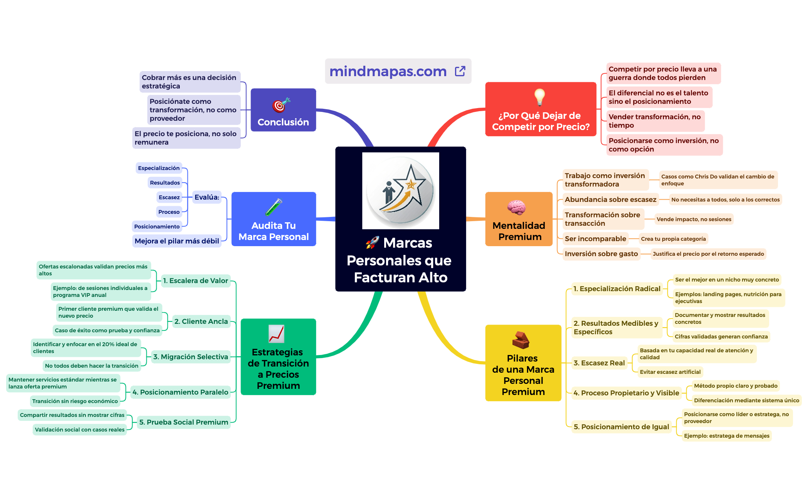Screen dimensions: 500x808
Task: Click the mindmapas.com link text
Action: pos(388,72)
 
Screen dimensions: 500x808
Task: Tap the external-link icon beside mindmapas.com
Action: pos(460,71)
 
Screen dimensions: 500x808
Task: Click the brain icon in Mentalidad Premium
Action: pos(516,208)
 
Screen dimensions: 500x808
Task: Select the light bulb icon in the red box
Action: pos(540,97)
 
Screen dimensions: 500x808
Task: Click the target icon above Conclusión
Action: pos(281,105)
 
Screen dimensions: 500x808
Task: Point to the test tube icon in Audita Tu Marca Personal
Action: pos(274,207)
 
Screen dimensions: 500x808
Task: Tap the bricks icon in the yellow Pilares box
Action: pos(521,340)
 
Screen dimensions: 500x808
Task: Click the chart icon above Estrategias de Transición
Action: pos(276,334)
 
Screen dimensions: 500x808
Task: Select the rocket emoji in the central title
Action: pos(372,243)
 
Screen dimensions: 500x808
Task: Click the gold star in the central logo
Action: pos(411,185)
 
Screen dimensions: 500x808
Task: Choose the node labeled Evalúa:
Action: pos(207,197)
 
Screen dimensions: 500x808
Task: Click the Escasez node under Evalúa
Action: pos(169,197)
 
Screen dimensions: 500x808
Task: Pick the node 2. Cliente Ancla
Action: pos(201,322)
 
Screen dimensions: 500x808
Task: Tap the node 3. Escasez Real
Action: pos(599,363)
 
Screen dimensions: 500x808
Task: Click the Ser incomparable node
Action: pos(595,239)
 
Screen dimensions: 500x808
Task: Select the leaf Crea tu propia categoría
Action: pos(673,239)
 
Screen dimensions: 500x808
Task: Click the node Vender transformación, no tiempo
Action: pos(654,121)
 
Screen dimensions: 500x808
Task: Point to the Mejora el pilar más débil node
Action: pos(177,241)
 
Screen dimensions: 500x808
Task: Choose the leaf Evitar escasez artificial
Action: pos(670,372)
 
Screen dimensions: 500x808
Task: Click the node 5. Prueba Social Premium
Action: pos(184,422)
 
